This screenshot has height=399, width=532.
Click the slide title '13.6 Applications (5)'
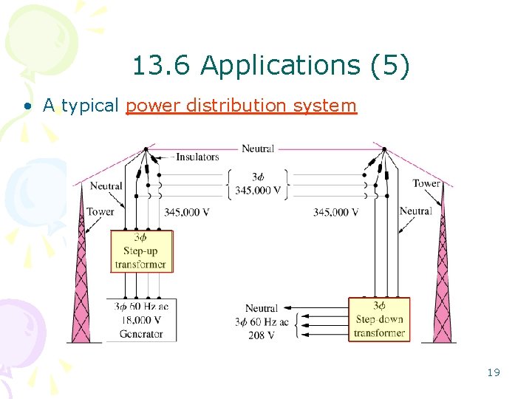coord(270,66)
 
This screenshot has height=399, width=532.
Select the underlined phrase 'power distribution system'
coord(241,106)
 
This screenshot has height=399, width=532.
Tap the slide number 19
coord(493,372)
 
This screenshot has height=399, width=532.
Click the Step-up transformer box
coord(141,251)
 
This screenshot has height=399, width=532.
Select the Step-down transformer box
coord(379,318)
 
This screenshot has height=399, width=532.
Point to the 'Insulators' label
coord(197,157)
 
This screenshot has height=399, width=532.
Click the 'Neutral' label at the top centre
coord(258,149)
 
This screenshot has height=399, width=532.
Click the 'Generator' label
coord(141,334)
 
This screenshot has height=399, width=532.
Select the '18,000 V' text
coord(141,321)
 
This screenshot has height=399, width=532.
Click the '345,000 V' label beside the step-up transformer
coord(186,212)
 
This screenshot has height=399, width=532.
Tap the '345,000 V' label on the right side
coord(336,212)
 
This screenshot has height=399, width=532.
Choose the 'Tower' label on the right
coord(426,183)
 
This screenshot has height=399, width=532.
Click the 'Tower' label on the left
coord(100,211)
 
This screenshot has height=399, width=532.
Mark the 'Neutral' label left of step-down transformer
coord(262,308)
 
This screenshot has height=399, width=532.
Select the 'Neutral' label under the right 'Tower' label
coord(415,211)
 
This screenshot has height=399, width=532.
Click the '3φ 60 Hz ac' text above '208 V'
coord(262,321)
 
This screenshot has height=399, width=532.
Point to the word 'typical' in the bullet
coord(90,106)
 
